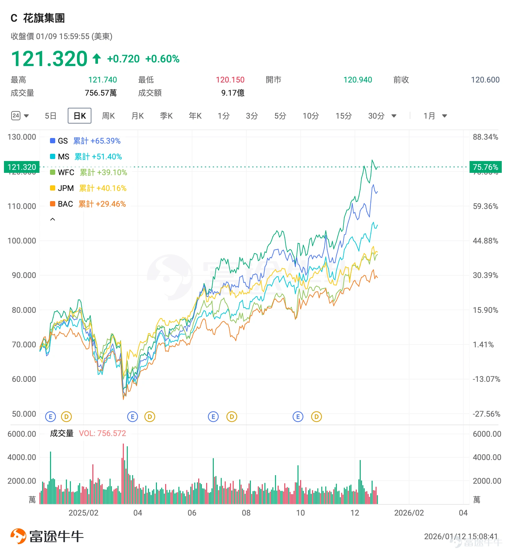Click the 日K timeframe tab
(80, 116)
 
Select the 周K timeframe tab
(108, 116)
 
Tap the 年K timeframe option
(195, 116)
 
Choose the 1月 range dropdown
(435, 116)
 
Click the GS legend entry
(85, 141)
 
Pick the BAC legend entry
(88, 204)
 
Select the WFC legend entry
(88, 173)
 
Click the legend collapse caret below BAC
(53, 219)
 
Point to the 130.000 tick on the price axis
(22, 137)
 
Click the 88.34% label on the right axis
(485, 137)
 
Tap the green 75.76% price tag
(485, 167)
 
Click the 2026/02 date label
(409, 513)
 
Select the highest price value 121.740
(103, 80)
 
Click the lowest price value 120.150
(230, 80)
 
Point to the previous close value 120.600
(485, 80)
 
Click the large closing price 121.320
(49, 59)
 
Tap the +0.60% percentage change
(162, 59)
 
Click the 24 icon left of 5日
(16, 116)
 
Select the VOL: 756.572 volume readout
(103, 433)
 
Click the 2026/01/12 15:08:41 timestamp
(461, 537)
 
